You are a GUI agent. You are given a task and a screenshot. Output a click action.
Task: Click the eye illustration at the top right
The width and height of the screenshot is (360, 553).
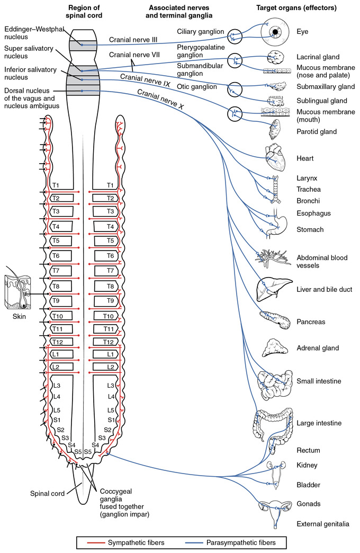(x=275, y=33)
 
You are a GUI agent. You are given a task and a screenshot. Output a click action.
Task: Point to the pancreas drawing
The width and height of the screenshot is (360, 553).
(x=274, y=320)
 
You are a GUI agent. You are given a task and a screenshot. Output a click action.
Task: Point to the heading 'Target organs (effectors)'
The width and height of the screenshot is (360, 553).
(x=303, y=8)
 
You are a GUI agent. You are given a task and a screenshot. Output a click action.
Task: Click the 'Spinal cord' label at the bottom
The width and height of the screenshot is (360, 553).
(x=48, y=493)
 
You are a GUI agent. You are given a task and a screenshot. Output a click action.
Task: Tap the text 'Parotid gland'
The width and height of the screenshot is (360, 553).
(x=317, y=131)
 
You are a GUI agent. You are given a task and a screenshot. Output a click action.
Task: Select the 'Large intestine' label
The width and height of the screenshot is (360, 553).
(x=319, y=423)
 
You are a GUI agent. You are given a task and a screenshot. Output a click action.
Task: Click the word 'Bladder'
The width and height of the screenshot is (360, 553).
(x=308, y=485)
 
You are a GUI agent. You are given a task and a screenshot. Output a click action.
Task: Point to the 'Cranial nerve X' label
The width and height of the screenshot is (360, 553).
(x=160, y=100)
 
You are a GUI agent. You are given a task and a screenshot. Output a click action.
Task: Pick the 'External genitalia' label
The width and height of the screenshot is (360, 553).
(x=323, y=524)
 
